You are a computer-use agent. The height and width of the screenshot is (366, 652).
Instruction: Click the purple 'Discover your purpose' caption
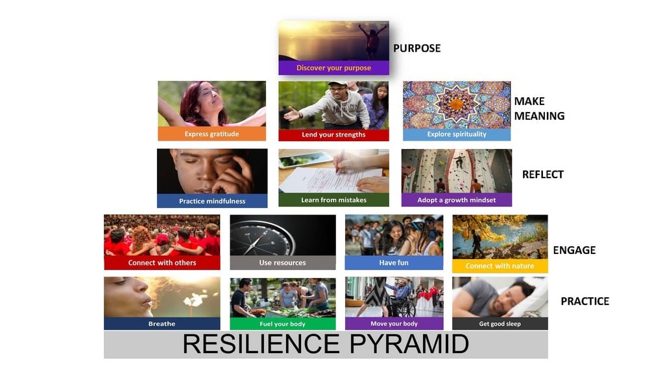333,68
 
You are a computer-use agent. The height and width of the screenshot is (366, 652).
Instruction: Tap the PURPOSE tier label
417,49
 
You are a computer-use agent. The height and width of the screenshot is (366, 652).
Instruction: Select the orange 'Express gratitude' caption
211,134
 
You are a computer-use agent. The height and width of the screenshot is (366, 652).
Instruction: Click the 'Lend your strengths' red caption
333,135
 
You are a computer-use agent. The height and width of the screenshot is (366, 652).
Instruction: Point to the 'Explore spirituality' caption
456,135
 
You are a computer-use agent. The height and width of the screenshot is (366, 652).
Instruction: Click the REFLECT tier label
542,174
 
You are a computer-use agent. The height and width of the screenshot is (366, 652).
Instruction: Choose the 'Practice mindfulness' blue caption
212,201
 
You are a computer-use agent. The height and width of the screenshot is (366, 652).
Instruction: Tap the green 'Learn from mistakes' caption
333,200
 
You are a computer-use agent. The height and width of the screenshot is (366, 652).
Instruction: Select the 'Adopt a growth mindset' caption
456,200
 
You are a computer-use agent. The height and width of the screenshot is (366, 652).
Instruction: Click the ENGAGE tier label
574,250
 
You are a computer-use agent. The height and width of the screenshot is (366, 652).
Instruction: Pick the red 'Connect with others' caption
162,263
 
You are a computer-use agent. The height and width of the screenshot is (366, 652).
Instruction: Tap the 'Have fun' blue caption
394,263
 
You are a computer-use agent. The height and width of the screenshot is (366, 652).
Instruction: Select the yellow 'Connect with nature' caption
500,266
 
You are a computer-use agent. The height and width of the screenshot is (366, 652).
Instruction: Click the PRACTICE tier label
585,301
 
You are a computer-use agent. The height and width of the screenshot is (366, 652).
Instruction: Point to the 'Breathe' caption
162,323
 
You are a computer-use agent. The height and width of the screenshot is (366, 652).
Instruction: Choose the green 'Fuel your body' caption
282,323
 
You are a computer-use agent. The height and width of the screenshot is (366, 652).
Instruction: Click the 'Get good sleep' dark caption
500,323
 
